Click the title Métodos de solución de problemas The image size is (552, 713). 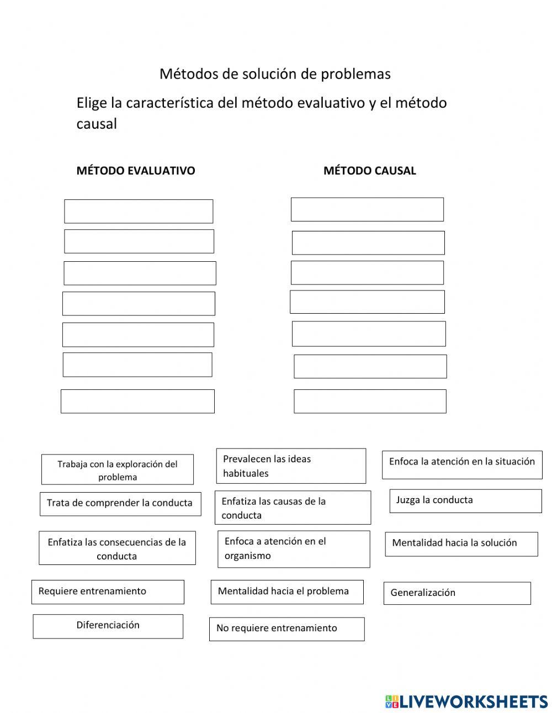275,74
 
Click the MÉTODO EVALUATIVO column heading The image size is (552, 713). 136,171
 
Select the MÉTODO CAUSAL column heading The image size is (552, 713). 369,171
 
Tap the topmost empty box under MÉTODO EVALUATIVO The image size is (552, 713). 139,212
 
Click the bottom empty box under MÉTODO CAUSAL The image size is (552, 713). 370,402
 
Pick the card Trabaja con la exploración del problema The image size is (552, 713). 118,470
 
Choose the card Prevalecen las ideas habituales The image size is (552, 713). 291,466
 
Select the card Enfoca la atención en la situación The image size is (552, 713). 462,464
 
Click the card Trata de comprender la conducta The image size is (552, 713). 120,504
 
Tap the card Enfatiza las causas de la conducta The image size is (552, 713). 293,508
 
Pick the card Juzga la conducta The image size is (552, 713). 465,501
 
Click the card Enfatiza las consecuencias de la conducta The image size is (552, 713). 117,548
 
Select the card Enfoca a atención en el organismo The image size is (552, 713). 294,549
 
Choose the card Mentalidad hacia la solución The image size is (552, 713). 461,544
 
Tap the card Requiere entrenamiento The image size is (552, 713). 108,592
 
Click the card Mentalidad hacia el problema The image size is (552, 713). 287,592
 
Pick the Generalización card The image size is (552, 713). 457,593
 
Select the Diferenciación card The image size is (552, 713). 108,626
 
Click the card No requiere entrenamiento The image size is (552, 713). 287,629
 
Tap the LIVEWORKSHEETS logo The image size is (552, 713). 466,701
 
